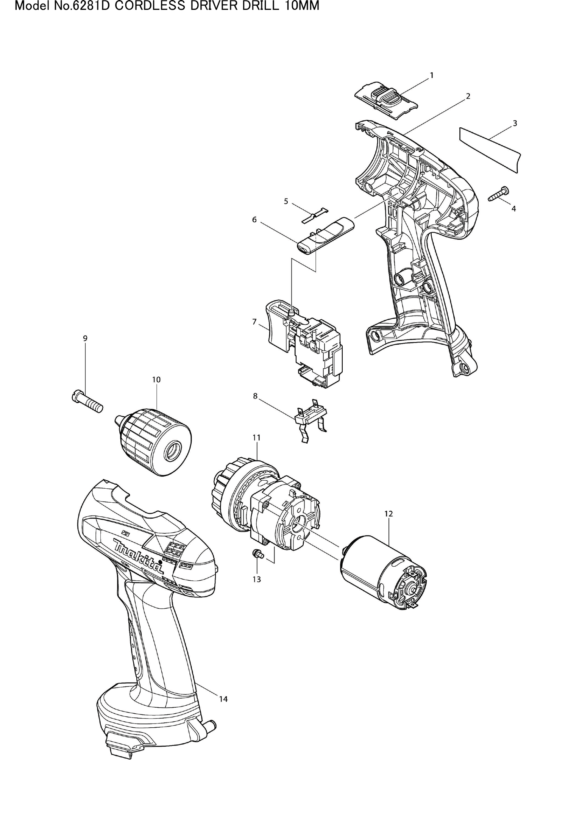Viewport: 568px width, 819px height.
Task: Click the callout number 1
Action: point(431,75)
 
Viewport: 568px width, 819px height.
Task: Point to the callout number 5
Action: point(286,201)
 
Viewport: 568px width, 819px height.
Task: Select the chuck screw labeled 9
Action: point(87,402)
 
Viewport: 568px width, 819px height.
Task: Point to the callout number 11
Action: point(256,438)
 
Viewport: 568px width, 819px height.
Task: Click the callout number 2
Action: point(468,96)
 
